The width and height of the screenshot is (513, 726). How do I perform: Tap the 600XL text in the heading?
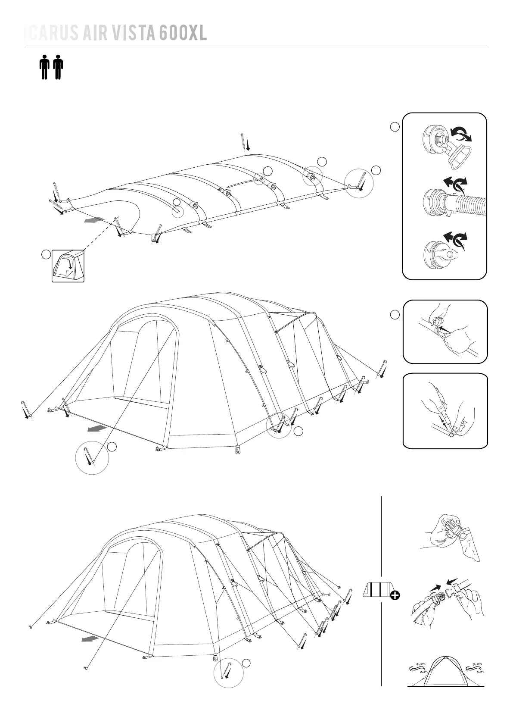183,33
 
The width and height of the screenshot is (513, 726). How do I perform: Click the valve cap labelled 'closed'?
437,138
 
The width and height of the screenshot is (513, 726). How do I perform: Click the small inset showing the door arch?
68,266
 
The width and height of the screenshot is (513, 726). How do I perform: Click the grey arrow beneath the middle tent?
97,428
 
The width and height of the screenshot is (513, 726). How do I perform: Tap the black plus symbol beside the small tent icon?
395,595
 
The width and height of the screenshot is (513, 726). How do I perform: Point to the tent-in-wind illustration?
446,672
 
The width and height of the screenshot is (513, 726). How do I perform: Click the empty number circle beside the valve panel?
395,127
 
